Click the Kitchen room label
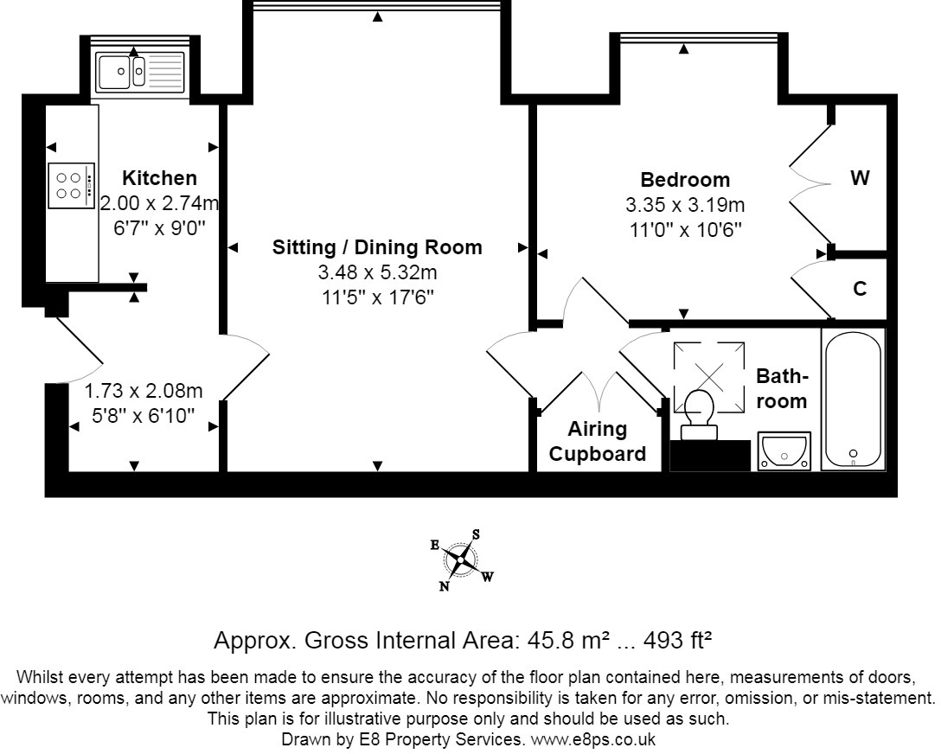(x=159, y=178)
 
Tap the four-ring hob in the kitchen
(x=72, y=185)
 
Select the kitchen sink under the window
(x=139, y=72)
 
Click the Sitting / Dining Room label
(x=377, y=247)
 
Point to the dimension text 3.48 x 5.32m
(x=377, y=272)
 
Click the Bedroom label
(x=685, y=179)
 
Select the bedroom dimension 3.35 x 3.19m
(x=685, y=205)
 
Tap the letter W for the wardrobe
(x=860, y=177)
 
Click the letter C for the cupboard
(x=860, y=289)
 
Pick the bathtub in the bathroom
(x=853, y=399)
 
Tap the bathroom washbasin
(x=784, y=450)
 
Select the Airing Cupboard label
(x=597, y=441)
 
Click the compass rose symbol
(x=460, y=560)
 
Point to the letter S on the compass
(x=476, y=534)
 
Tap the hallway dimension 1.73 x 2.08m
(x=143, y=391)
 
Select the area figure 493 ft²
(x=677, y=640)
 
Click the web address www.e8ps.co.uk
(x=592, y=739)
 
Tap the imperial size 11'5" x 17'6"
(x=377, y=297)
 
